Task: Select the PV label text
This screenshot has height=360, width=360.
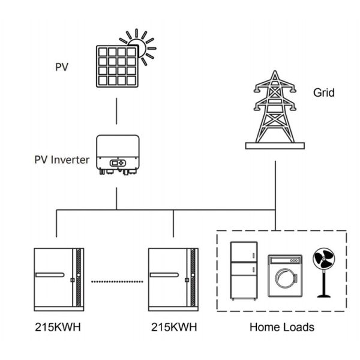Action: coord(62,65)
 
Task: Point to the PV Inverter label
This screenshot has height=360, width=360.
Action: coord(62,160)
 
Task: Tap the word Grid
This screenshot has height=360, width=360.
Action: coord(323,93)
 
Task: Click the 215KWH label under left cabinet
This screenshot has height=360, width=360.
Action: coord(56,328)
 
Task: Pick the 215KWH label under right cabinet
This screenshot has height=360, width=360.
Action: coord(173,328)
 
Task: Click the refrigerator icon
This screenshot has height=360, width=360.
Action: coord(245,272)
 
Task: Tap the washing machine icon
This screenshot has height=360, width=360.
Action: coord(284,277)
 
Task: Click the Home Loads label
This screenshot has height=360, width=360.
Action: coord(281,328)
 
